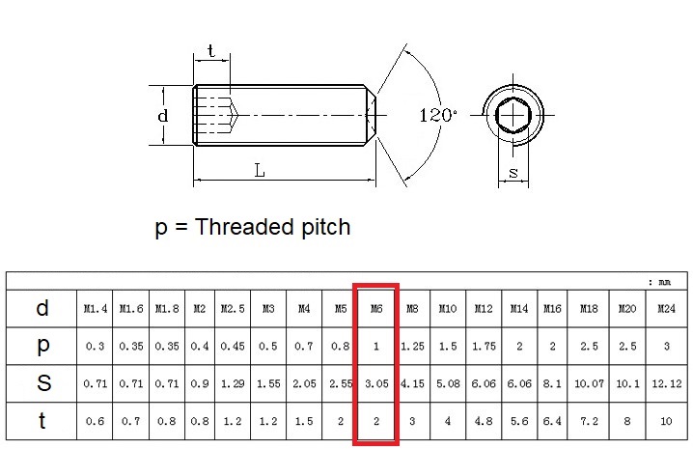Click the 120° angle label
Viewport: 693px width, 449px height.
tap(438, 115)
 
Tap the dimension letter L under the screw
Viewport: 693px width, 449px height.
tap(260, 171)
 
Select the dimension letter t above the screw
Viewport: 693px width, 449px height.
tap(211, 51)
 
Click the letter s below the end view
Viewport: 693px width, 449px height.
tap(513, 174)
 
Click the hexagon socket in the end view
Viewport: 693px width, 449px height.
tap(513, 118)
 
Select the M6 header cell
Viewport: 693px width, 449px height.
tap(375, 309)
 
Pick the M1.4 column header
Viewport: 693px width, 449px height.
tap(95, 309)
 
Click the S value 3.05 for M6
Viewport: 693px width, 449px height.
tap(375, 383)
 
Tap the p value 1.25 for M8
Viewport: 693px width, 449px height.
tap(412, 346)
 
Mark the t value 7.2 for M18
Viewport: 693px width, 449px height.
tap(589, 421)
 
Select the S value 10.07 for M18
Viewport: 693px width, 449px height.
tap(589, 383)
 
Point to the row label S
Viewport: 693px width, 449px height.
tap(42, 383)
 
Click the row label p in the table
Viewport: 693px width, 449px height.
tap(42, 346)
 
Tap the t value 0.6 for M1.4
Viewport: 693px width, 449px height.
tap(95, 421)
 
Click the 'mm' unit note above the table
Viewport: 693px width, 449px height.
tap(664, 282)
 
